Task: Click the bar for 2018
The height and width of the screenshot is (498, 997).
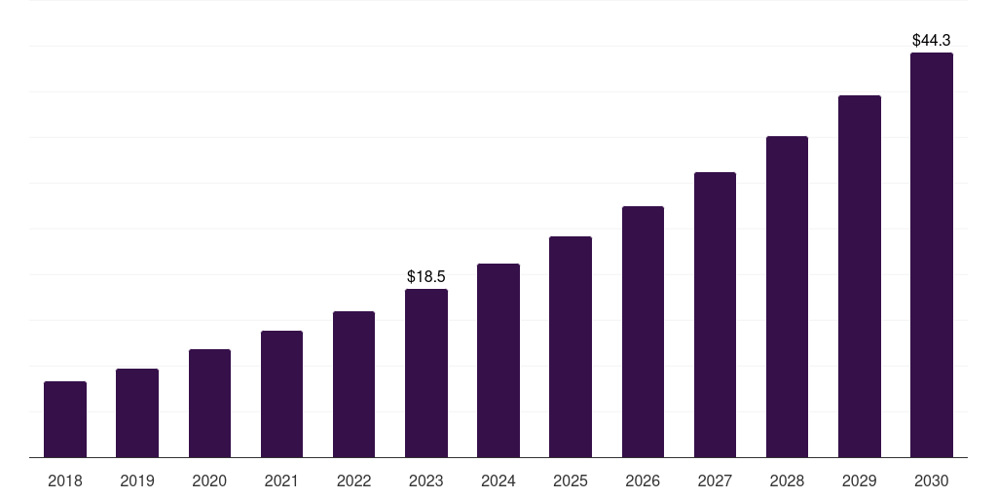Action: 65,419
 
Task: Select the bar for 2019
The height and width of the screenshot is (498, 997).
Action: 137,412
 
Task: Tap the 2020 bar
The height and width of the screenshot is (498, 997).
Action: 210,404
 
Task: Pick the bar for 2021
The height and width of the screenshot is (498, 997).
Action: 281,394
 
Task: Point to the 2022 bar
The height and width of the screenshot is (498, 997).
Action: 353,384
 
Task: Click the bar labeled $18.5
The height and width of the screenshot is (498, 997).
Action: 426,373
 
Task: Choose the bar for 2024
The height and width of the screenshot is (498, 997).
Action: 498,360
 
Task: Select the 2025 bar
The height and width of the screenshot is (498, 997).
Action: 571,347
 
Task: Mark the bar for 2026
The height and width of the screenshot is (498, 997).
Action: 643,332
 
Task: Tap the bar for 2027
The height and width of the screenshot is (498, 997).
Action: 715,314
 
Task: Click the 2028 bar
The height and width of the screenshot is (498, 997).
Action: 787,297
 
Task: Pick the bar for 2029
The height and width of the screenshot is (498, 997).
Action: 860,276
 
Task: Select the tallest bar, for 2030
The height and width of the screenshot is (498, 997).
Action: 932,255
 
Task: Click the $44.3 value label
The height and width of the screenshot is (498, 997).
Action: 932,41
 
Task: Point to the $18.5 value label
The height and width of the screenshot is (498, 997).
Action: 426,277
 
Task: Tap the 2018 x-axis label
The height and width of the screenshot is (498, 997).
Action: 65,480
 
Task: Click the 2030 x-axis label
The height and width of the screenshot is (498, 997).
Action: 932,480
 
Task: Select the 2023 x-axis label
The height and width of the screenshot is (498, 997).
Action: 426,480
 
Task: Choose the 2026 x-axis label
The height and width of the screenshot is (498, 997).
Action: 643,480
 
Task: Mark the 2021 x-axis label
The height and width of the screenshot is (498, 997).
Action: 281,480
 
